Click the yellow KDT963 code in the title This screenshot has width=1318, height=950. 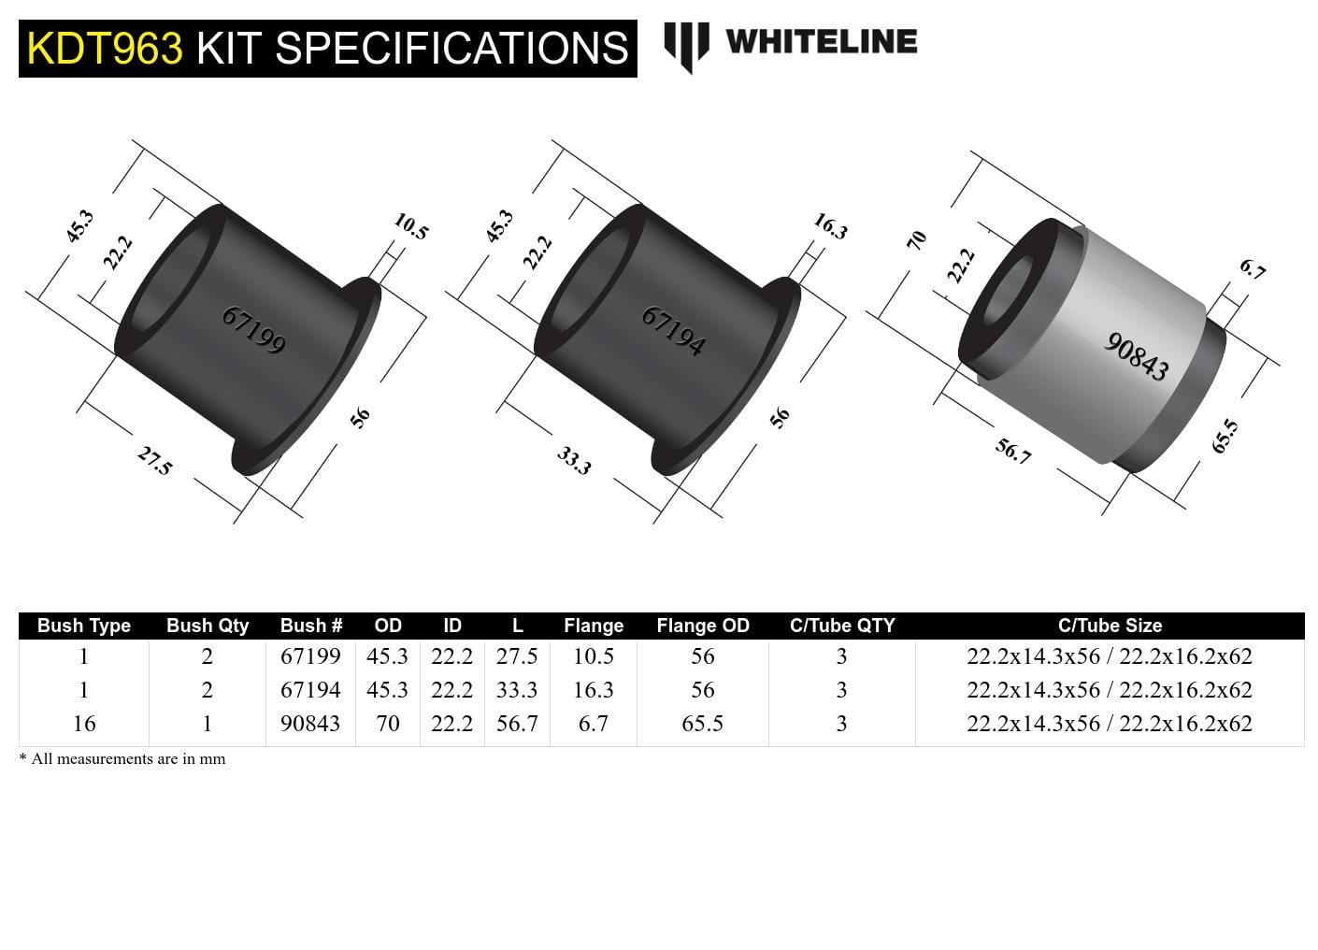(105, 49)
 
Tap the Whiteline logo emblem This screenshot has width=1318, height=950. (686, 45)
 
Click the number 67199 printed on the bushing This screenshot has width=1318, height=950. (253, 330)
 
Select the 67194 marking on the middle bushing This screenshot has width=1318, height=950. (673, 331)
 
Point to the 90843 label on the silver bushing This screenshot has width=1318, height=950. (1137, 356)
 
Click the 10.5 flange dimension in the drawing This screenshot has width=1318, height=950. (410, 226)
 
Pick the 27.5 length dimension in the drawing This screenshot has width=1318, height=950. (154, 460)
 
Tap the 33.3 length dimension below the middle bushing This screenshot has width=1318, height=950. (574, 460)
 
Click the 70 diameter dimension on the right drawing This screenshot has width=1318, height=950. (917, 239)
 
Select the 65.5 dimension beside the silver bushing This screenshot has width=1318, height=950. (1225, 437)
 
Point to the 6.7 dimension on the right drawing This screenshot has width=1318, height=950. (1253, 269)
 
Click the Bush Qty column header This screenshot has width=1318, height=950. (208, 626)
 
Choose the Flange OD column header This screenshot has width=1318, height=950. (703, 626)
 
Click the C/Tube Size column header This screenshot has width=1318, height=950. (1110, 626)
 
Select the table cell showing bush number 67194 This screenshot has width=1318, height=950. (310, 690)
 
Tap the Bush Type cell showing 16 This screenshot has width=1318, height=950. (84, 724)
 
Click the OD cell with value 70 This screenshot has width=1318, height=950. (387, 724)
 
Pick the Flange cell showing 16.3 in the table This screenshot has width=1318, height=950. (593, 690)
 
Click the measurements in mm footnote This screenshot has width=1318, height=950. (122, 759)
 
